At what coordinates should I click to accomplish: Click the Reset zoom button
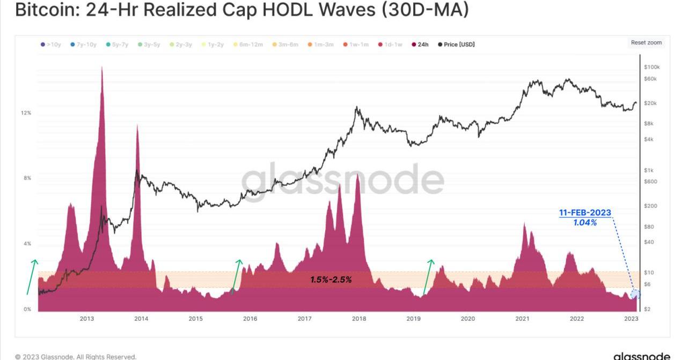[x=646, y=43]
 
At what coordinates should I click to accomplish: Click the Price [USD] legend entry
[x=456, y=45]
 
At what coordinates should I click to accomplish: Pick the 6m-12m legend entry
[x=248, y=45]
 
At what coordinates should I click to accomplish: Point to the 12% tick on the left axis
[x=26, y=113]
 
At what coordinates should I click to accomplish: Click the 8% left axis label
[x=27, y=178]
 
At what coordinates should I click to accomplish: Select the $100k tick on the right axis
[x=651, y=67]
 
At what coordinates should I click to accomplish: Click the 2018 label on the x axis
[x=359, y=319]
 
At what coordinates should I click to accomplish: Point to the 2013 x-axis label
[x=87, y=319]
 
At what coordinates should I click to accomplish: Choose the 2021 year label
[x=522, y=319]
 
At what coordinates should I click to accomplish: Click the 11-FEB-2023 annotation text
[x=585, y=213]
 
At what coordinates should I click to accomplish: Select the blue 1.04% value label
[x=585, y=222]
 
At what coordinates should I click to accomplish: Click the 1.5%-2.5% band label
[x=331, y=280]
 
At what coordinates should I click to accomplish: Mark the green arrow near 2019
[x=428, y=277]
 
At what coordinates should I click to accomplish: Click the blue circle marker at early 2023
[x=635, y=294]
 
